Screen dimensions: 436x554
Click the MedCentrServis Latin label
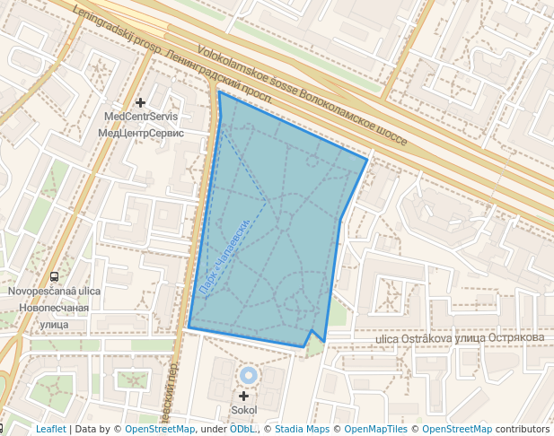141,117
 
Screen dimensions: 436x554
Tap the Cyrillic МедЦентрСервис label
141,133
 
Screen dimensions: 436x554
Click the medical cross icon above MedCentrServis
140,103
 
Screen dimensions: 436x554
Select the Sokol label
243,410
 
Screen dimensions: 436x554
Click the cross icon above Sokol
243,396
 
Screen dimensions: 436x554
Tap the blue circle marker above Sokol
249,375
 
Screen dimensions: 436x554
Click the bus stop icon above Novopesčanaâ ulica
55,277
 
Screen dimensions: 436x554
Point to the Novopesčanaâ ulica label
54,292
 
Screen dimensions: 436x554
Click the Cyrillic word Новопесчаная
54,308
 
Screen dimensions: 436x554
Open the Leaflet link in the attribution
50,430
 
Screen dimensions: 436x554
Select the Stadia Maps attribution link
302,430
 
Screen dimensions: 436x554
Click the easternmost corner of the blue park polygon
367,160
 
